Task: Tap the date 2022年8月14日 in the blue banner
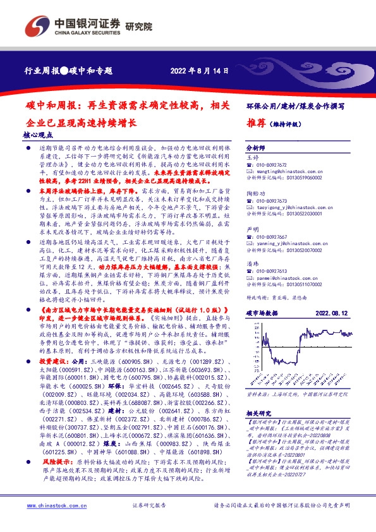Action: click(199, 71)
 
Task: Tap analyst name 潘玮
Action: click(252, 264)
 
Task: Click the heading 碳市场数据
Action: click(261, 295)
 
